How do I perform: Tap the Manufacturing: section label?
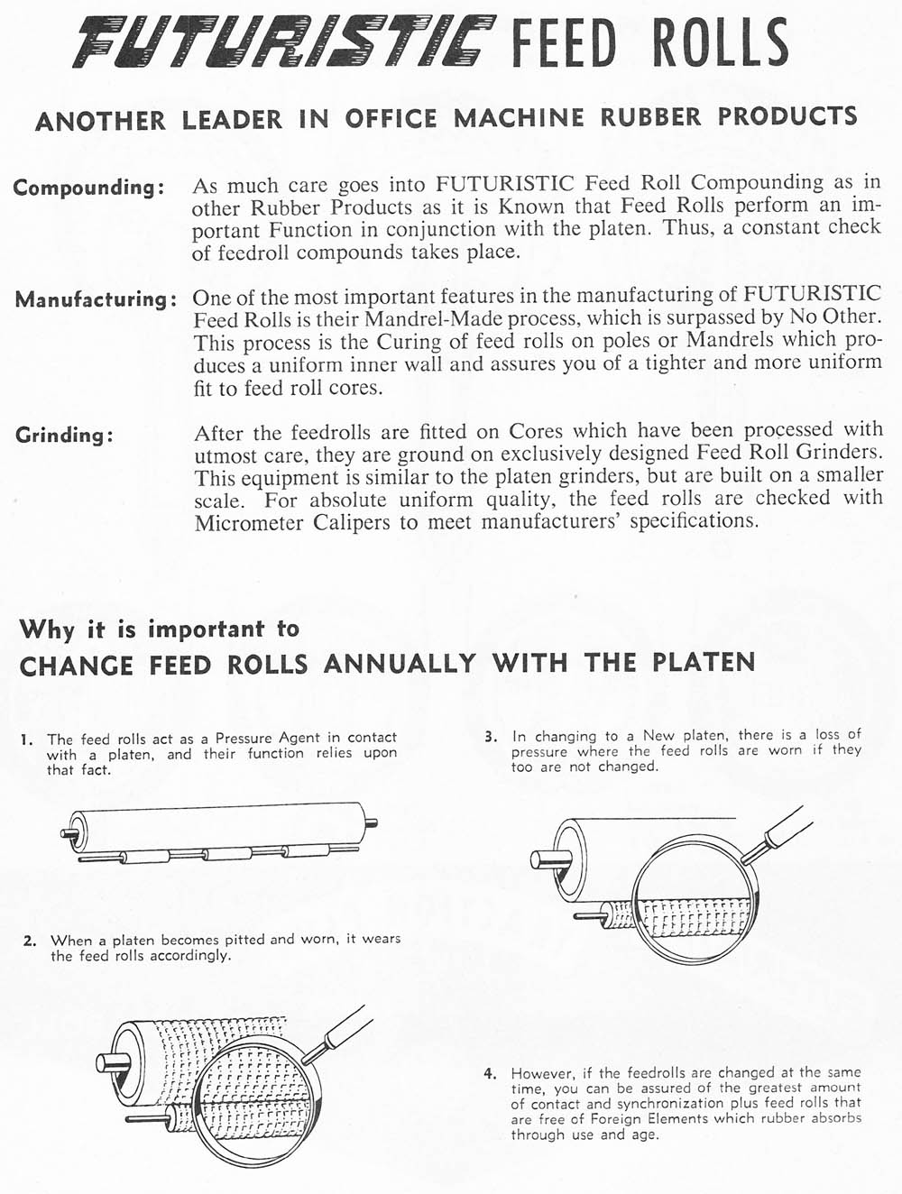tap(95, 299)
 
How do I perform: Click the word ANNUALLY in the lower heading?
tap(400, 665)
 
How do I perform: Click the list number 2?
tap(30, 941)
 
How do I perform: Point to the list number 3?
tap(491, 737)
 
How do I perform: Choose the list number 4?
tap(490, 1074)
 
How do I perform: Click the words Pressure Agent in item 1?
tap(268, 738)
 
